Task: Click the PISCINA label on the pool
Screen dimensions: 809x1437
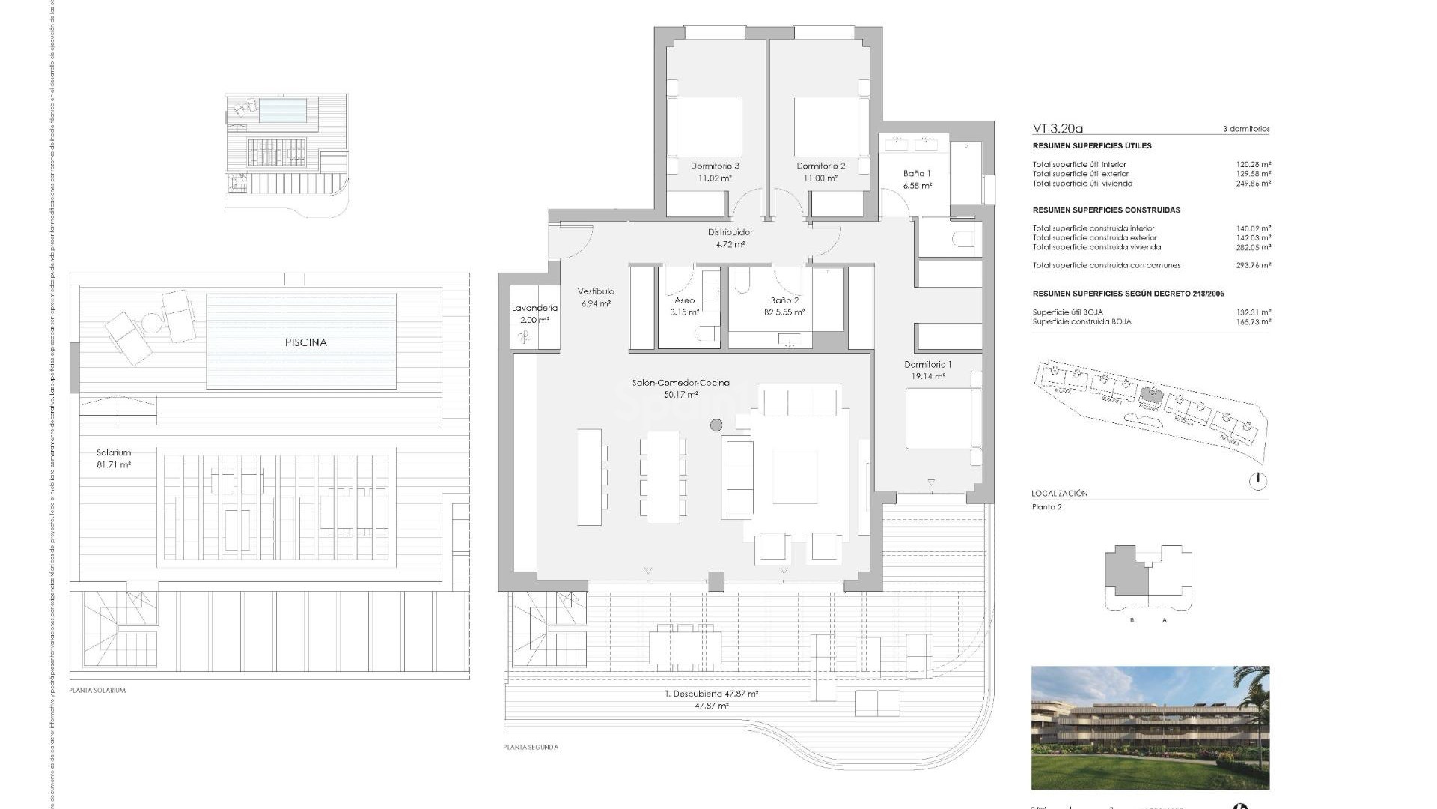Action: click(x=305, y=342)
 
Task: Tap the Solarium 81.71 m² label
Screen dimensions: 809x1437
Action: click(x=114, y=458)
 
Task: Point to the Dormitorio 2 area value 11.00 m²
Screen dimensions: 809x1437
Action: click(x=820, y=178)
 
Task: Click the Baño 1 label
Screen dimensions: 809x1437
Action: click(x=917, y=173)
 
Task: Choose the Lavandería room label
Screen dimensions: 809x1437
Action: click(x=534, y=308)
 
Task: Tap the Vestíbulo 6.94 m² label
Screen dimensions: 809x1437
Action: click(x=596, y=297)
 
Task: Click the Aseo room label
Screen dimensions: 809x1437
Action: click(x=684, y=300)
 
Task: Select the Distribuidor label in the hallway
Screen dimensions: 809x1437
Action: click(x=730, y=232)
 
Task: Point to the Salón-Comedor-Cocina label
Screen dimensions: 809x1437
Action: click(x=680, y=383)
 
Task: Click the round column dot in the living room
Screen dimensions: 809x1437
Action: click(x=716, y=425)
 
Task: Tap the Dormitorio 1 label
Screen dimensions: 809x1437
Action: click(x=927, y=365)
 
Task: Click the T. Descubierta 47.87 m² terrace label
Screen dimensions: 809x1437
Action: click(x=711, y=694)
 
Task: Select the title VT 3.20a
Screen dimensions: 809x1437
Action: click(x=1058, y=129)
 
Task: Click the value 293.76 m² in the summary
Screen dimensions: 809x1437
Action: click(x=1254, y=265)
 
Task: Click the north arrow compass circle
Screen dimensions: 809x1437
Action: click(x=1259, y=481)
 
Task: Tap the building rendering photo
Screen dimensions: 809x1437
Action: click(x=1150, y=727)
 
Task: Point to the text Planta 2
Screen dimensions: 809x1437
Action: click(x=1046, y=507)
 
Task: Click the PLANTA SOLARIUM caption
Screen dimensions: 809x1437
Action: click(x=97, y=691)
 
